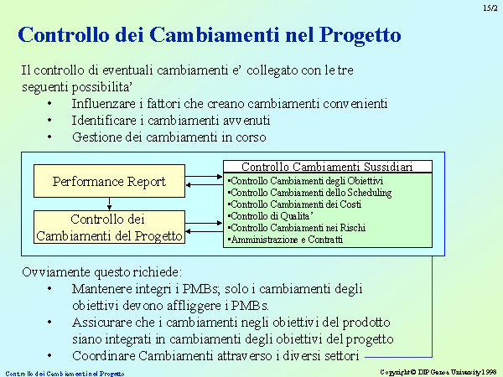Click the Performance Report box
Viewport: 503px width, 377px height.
pos(109,181)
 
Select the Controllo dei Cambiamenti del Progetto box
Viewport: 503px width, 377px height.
pos(109,227)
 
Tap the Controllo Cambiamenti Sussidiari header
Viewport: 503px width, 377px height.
pos(328,167)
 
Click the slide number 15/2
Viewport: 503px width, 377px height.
pos(490,8)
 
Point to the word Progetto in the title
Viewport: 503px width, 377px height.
pos(360,35)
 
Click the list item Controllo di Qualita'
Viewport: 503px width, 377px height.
pos(270,216)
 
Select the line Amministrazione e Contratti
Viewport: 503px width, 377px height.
pos(285,240)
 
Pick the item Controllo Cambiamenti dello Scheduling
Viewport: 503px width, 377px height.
pos(309,193)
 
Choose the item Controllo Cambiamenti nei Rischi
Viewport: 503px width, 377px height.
pos(297,228)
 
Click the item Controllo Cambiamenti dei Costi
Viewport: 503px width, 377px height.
pos(294,204)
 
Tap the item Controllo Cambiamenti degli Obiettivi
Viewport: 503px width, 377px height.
pos(305,181)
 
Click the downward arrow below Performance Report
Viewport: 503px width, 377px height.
pos(109,204)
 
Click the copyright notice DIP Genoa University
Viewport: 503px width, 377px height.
pos(438,372)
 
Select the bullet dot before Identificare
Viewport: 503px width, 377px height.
pos(49,121)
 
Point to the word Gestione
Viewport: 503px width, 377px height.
pos(96,137)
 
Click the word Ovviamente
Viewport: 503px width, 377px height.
pos(56,272)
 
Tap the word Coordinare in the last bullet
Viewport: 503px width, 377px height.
pos(103,356)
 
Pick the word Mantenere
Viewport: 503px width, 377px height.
pos(101,289)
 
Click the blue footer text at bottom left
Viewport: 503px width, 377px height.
pos(65,374)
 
